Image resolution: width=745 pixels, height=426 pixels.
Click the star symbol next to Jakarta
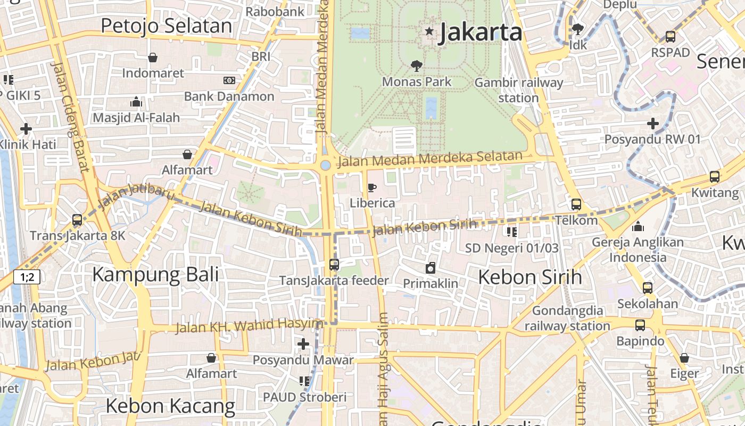click(429, 32)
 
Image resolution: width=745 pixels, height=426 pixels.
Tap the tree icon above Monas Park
click(417, 66)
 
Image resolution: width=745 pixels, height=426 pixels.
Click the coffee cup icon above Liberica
click(372, 187)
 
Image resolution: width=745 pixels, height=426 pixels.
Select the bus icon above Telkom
click(576, 204)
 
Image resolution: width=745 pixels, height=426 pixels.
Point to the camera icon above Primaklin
click(430, 268)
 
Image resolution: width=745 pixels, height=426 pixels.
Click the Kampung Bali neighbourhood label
click(155, 275)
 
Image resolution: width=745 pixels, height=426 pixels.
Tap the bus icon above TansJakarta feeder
click(334, 264)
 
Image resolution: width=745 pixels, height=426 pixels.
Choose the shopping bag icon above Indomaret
click(153, 58)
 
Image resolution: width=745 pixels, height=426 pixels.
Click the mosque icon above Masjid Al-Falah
click(136, 102)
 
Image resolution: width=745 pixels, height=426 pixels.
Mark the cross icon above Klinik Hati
click(26, 129)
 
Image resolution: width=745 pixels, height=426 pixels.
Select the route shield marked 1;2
click(27, 277)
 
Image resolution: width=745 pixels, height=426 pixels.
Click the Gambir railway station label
click(518, 90)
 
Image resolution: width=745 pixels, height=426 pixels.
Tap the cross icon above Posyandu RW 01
click(652, 124)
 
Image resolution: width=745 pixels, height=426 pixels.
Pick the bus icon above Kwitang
click(715, 177)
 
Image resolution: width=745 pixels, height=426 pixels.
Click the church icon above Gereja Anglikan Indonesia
click(638, 227)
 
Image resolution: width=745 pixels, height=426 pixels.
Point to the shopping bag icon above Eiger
click(684, 358)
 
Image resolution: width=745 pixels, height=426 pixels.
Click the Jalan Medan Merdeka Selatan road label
click(430, 158)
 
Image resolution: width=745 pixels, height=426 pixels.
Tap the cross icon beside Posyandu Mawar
click(303, 344)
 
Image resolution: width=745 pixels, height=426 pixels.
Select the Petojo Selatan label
click(166, 26)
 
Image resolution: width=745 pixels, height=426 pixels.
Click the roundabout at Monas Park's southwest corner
click(325, 166)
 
